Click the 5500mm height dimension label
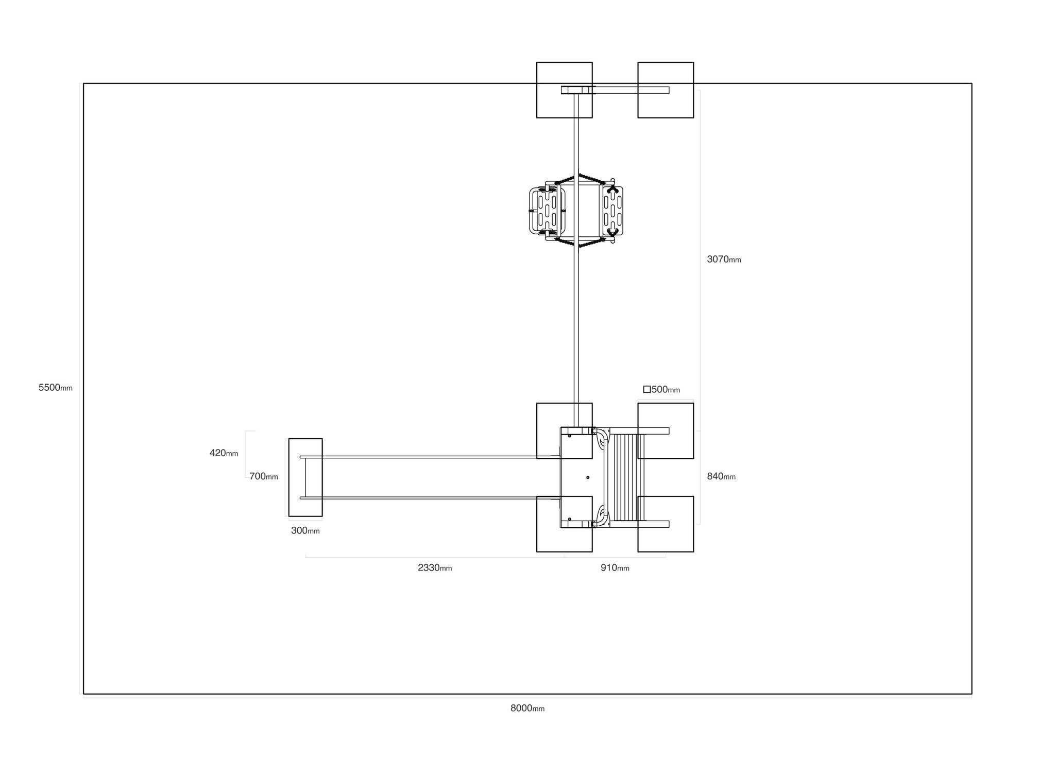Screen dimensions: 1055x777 (x=56, y=388)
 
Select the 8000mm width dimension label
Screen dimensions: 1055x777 (x=527, y=708)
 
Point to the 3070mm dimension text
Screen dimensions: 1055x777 (x=724, y=260)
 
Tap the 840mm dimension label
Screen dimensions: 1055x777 (x=721, y=477)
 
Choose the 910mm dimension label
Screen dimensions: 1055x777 (x=615, y=568)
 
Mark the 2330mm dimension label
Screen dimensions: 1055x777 (x=435, y=568)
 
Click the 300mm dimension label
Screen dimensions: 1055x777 (x=305, y=531)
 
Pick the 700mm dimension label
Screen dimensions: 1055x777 (x=264, y=477)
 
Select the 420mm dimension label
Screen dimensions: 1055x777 (x=224, y=453)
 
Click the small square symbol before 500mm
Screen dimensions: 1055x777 (x=647, y=389)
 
